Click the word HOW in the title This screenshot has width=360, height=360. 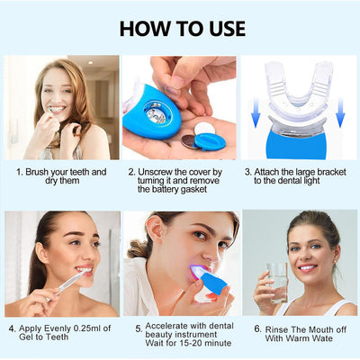(x=146, y=29)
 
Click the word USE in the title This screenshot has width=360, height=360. (x=225, y=29)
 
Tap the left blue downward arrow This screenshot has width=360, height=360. (x=256, y=112)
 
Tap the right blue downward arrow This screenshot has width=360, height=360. (x=340, y=112)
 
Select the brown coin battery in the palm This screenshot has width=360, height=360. (x=188, y=141)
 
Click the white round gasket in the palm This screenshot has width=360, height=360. (x=204, y=129)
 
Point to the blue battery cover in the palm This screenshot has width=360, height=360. (x=210, y=141)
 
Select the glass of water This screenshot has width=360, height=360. (x=277, y=283)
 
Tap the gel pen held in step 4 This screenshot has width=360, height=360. (x=67, y=284)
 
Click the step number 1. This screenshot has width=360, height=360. (x=20, y=172)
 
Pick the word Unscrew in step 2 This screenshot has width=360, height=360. (x=156, y=172)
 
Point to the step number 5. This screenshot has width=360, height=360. (x=139, y=329)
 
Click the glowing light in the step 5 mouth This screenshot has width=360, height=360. (x=199, y=273)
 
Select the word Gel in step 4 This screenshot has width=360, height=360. (x=26, y=337)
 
